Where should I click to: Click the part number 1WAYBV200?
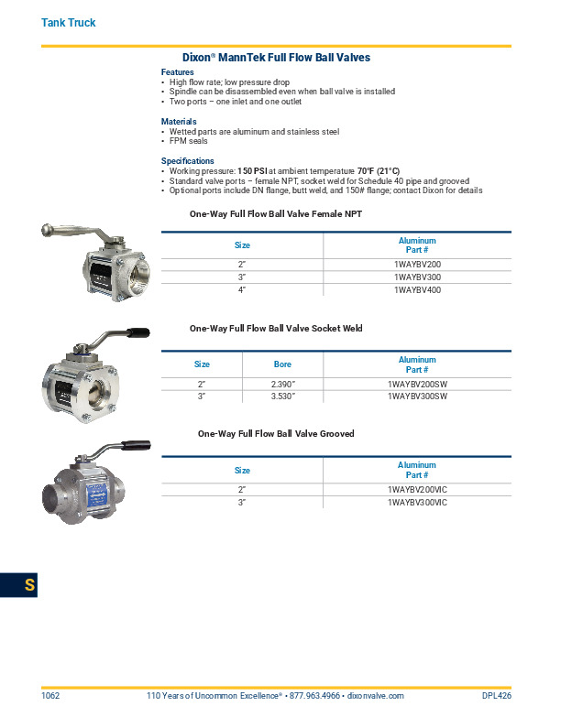(x=417, y=264)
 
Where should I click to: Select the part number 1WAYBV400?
(x=417, y=289)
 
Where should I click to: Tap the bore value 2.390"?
(x=283, y=385)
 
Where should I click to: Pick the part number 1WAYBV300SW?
(x=417, y=397)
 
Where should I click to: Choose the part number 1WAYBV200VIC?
(x=417, y=490)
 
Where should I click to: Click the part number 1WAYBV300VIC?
(x=417, y=503)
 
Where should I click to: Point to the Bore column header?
(x=283, y=364)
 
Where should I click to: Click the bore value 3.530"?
(x=283, y=397)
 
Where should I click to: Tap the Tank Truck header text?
(x=69, y=22)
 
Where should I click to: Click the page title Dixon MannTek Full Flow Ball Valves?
(x=276, y=57)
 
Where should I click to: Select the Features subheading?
(x=178, y=71)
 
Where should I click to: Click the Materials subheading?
(x=179, y=121)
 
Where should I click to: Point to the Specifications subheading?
(x=188, y=161)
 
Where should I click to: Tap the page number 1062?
(x=50, y=696)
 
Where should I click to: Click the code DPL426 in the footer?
(x=496, y=696)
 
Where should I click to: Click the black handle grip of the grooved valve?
(x=135, y=446)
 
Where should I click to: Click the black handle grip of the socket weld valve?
(x=137, y=332)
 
